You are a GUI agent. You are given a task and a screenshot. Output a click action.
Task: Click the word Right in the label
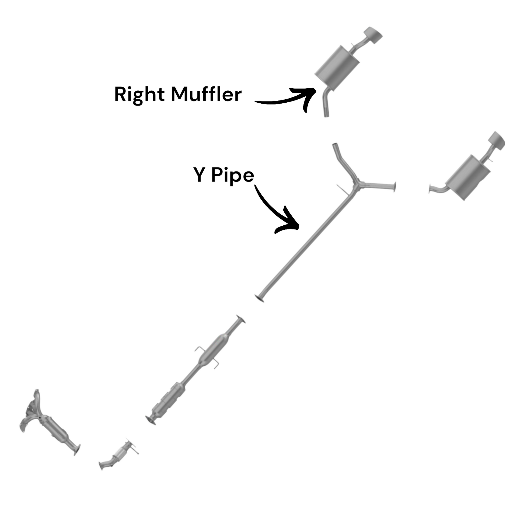[139, 95]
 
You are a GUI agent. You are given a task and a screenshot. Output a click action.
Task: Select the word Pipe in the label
[233, 176]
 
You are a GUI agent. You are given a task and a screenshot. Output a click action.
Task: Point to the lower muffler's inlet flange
[430, 189]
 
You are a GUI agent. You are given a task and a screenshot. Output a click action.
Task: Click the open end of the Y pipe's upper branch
[335, 145]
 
